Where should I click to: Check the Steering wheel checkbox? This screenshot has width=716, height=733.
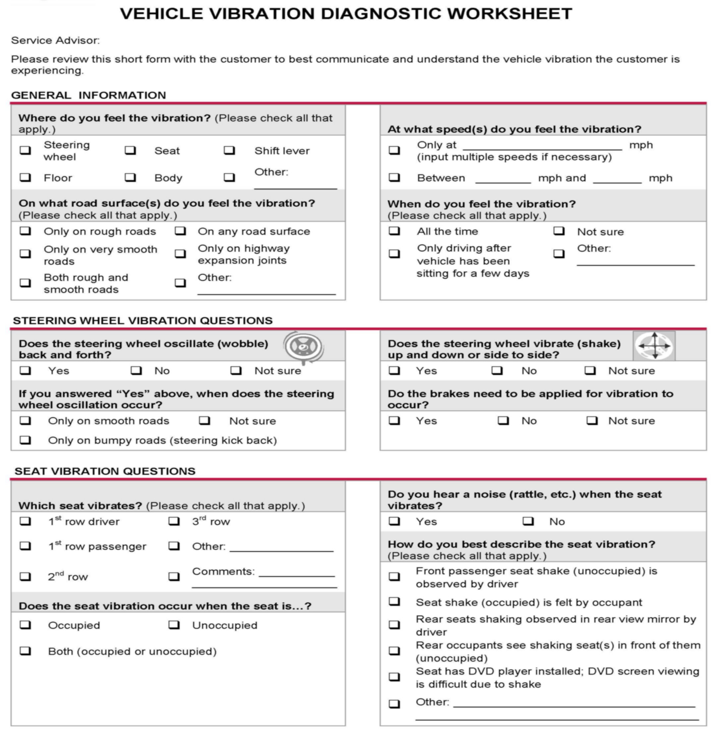tap(25, 150)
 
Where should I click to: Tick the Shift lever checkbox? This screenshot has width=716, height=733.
tap(229, 150)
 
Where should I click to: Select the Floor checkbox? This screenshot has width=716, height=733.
tap(25, 178)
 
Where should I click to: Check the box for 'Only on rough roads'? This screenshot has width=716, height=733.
tap(25, 231)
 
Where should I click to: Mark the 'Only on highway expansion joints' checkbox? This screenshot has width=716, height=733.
tap(180, 254)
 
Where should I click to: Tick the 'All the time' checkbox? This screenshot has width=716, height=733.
tap(394, 231)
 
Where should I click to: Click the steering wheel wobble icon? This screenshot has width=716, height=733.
tap(303, 347)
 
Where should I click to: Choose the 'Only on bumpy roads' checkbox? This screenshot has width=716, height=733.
tap(25, 440)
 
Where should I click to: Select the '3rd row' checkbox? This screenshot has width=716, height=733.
tap(174, 521)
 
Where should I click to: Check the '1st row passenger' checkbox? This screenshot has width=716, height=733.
tap(25, 546)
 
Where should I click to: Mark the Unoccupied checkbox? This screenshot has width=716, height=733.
tap(174, 625)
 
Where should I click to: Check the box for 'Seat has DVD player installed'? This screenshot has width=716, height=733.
tap(394, 677)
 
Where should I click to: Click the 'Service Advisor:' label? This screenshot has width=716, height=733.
tap(55, 40)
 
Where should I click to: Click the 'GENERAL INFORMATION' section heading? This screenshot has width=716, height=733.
tap(88, 95)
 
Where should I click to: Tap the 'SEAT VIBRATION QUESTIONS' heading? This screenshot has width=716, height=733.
tap(105, 471)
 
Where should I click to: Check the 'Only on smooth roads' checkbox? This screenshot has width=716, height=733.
tap(25, 420)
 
